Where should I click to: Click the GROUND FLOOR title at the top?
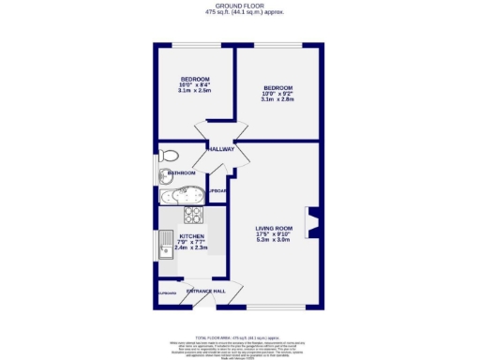point(239,6)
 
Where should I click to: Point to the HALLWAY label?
point(220,149)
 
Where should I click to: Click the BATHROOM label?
point(180,173)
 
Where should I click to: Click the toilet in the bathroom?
point(169,156)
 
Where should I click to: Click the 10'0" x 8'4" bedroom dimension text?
point(195,85)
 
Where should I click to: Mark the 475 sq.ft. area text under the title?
point(239,12)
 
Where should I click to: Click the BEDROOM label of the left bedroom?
point(195,79)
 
